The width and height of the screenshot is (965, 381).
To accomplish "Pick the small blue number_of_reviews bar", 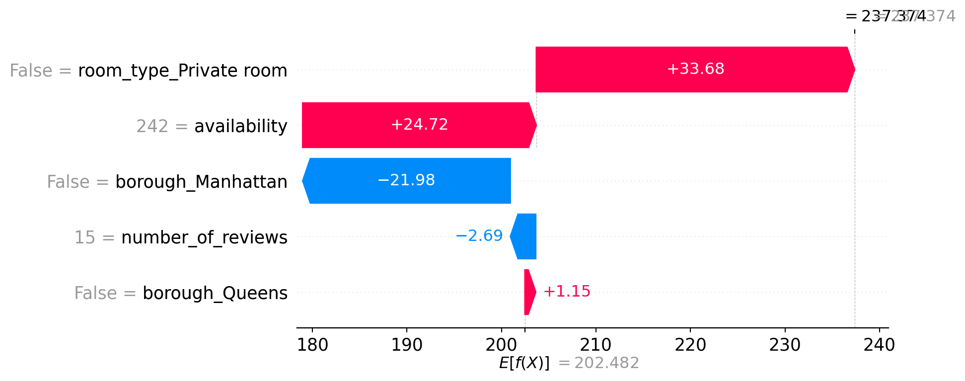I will click(x=525, y=236).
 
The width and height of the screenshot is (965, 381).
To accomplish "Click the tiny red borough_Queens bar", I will click(x=529, y=292).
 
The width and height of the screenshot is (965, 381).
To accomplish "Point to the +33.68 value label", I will click(x=695, y=69).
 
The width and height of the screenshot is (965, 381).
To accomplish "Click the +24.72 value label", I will click(x=419, y=125).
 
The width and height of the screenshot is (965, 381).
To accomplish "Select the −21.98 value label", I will click(x=406, y=180).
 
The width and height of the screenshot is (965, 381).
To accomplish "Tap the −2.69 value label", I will click(x=479, y=236).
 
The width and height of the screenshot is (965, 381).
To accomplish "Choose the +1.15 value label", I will click(x=567, y=292).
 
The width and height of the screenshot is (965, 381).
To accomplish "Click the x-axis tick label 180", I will click(x=312, y=345).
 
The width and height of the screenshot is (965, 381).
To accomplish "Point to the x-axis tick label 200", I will click(x=501, y=345).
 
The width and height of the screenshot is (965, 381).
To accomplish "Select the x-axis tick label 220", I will click(x=690, y=345).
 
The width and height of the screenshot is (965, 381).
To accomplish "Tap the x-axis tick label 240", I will click(x=879, y=345).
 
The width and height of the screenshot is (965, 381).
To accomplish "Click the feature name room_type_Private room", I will click(x=183, y=71).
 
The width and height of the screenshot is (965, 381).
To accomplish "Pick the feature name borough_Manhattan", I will click(x=201, y=182).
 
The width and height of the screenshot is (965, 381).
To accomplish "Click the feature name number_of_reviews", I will click(x=204, y=238).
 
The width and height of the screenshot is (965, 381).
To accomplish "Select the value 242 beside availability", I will click(x=152, y=127).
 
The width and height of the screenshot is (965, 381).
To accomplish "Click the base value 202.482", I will click(x=606, y=363).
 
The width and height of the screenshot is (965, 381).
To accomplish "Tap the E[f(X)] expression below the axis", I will click(x=524, y=363).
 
